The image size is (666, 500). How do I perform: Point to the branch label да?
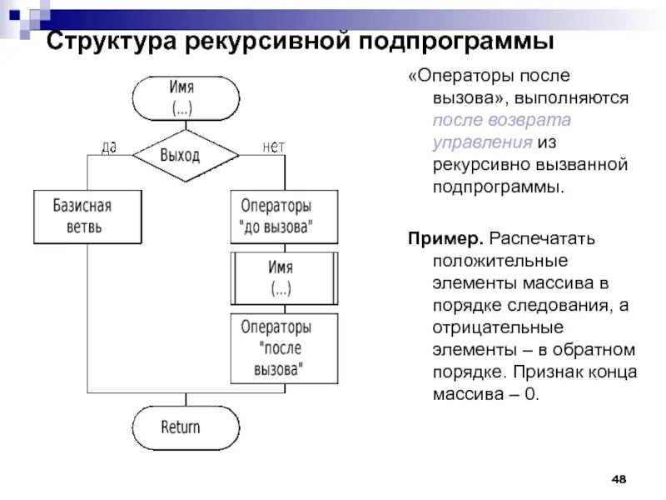click(x=108, y=147)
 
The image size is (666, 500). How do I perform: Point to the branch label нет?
click(x=273, y=147)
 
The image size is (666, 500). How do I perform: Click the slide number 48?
click(x=619, y=479)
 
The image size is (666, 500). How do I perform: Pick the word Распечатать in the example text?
click(x=541, y=240)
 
